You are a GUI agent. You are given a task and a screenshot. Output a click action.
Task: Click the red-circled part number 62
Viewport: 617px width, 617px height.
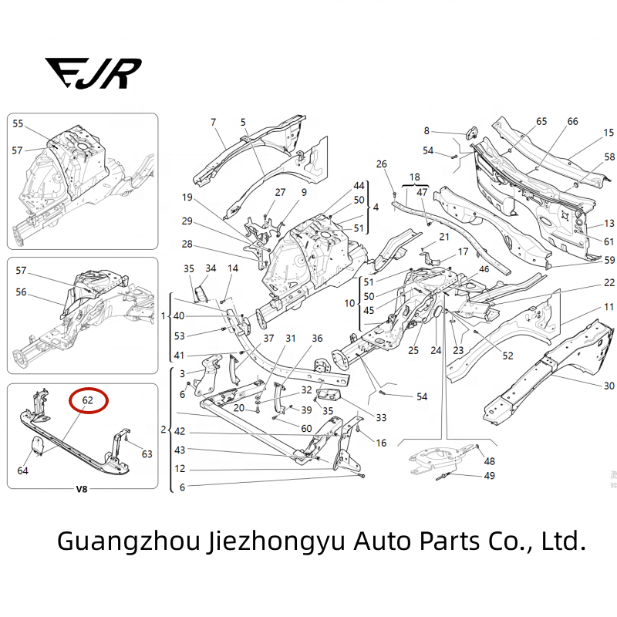[x=88, y=400]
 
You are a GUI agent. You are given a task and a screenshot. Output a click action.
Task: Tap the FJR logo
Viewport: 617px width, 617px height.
[x=93, y=72]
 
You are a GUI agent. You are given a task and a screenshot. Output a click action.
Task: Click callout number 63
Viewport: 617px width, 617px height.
[x=147, y=453]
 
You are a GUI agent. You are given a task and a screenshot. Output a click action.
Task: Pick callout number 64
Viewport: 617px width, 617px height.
[x=24, y=470]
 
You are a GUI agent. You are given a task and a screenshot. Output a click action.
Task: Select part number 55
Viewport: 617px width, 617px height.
[x=18, y=124]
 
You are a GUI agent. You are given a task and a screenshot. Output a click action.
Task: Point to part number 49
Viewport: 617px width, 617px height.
[x=489, y=475]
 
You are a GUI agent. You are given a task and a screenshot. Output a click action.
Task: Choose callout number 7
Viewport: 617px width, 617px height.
[x=214, y=122]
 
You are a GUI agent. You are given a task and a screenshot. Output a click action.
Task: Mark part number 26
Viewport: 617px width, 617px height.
[x=381, y=164]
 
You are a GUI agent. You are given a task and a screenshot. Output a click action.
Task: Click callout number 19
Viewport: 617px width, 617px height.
[x=187, y=197]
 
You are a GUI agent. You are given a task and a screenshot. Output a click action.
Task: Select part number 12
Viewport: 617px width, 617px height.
[x=180, y=469]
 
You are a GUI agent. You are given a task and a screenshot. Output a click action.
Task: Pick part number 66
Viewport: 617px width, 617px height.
[x=572, y=122]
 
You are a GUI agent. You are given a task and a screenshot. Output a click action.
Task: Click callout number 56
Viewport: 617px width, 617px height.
[x=21, y=292]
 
